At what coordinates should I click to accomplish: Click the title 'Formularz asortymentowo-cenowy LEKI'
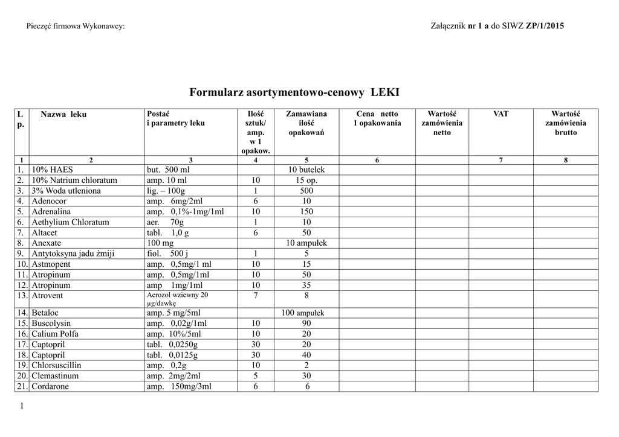click(x=294, y=92)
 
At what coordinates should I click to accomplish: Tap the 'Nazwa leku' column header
click(x=63, y=114)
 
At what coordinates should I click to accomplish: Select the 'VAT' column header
click(x=501, y=113)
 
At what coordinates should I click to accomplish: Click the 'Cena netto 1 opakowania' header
click(x=377, y=118)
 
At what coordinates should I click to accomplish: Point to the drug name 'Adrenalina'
click(x=51, y=211)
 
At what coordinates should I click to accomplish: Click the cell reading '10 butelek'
click(x=306, y=170)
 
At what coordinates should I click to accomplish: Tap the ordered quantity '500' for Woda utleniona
click(x=306, y=191)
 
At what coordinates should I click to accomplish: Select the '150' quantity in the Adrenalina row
click(x=306, y=211)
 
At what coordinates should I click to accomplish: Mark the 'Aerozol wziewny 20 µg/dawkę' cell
click(x=177, y=299)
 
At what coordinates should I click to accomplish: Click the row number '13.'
click(x=23, y=296)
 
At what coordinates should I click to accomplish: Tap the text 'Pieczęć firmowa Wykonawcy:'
click(x=76, y=27)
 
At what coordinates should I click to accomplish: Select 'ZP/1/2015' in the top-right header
click(x=546, y=27)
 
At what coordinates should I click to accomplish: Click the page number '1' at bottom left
click(x=22, y=406)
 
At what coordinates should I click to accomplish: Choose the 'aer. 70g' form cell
click(x=165, y=222)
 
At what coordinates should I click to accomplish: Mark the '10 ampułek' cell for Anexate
click(x=306, y=243)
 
